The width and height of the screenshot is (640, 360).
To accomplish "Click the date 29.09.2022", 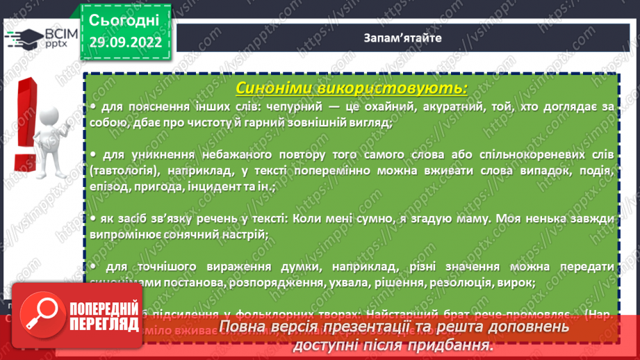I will click(126, 42).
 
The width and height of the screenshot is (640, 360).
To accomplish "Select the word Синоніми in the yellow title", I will click(277, 89).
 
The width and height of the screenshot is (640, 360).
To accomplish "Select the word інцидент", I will click(220, 186).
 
